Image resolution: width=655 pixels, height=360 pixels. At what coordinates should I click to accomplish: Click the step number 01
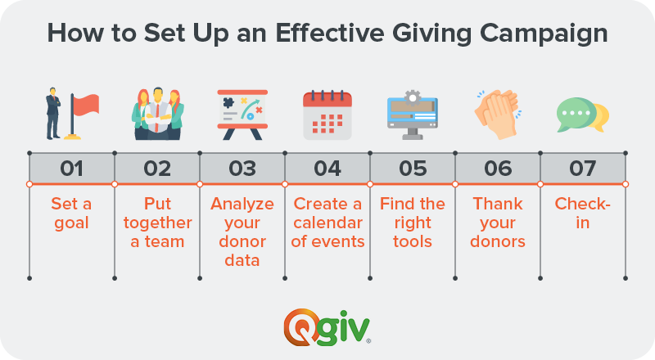click(x=71, y=169)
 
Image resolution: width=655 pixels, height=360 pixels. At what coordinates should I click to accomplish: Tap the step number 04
click(x=327, y=169)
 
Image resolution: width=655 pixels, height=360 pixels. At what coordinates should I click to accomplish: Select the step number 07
click(x=582, y=169)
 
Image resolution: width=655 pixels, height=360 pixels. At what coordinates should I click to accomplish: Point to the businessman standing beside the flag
click(x=53, y=113)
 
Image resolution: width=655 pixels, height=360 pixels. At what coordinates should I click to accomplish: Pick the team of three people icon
click(x=157, y=114)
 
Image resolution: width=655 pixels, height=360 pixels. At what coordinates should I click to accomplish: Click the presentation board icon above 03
click(x=242, y=115)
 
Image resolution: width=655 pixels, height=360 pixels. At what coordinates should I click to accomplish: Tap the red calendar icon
click(x=327, y=115)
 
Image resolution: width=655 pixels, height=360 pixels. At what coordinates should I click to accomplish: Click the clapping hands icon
click(x=497, y=114)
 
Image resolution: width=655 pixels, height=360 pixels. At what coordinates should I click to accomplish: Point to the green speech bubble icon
click(x=576, y=114)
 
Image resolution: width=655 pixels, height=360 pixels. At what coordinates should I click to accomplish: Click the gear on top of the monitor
click(x=413, y=97)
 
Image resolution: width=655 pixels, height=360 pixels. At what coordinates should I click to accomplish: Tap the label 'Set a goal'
click(x=71, y=213)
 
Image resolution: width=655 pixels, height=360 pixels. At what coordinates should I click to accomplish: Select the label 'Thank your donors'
click(x=498, y=223)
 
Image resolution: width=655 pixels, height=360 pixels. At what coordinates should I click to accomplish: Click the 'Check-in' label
click(x=582, y=213)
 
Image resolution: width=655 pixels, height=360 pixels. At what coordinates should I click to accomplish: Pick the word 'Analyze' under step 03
click(x=242, y=205)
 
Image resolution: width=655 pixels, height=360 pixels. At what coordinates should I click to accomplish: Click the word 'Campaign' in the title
click(x=544, y=34)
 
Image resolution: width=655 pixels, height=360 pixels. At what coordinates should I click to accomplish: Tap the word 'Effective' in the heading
click(x=330, y=33)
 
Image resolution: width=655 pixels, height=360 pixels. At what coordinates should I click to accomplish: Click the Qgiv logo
click(x=327, y=327)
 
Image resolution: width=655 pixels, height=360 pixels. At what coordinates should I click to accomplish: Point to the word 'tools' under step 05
click(x=413, y=241)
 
